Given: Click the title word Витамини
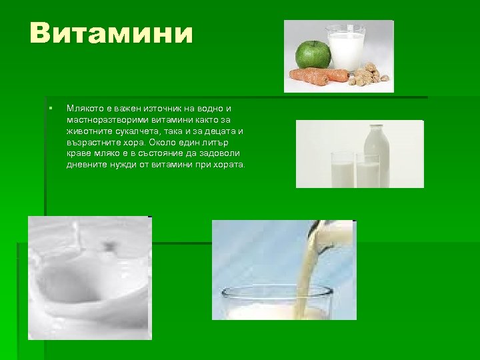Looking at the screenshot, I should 111,33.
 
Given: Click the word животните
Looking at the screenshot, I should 88,131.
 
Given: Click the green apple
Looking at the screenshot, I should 312,53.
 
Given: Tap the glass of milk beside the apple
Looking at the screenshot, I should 345,47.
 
